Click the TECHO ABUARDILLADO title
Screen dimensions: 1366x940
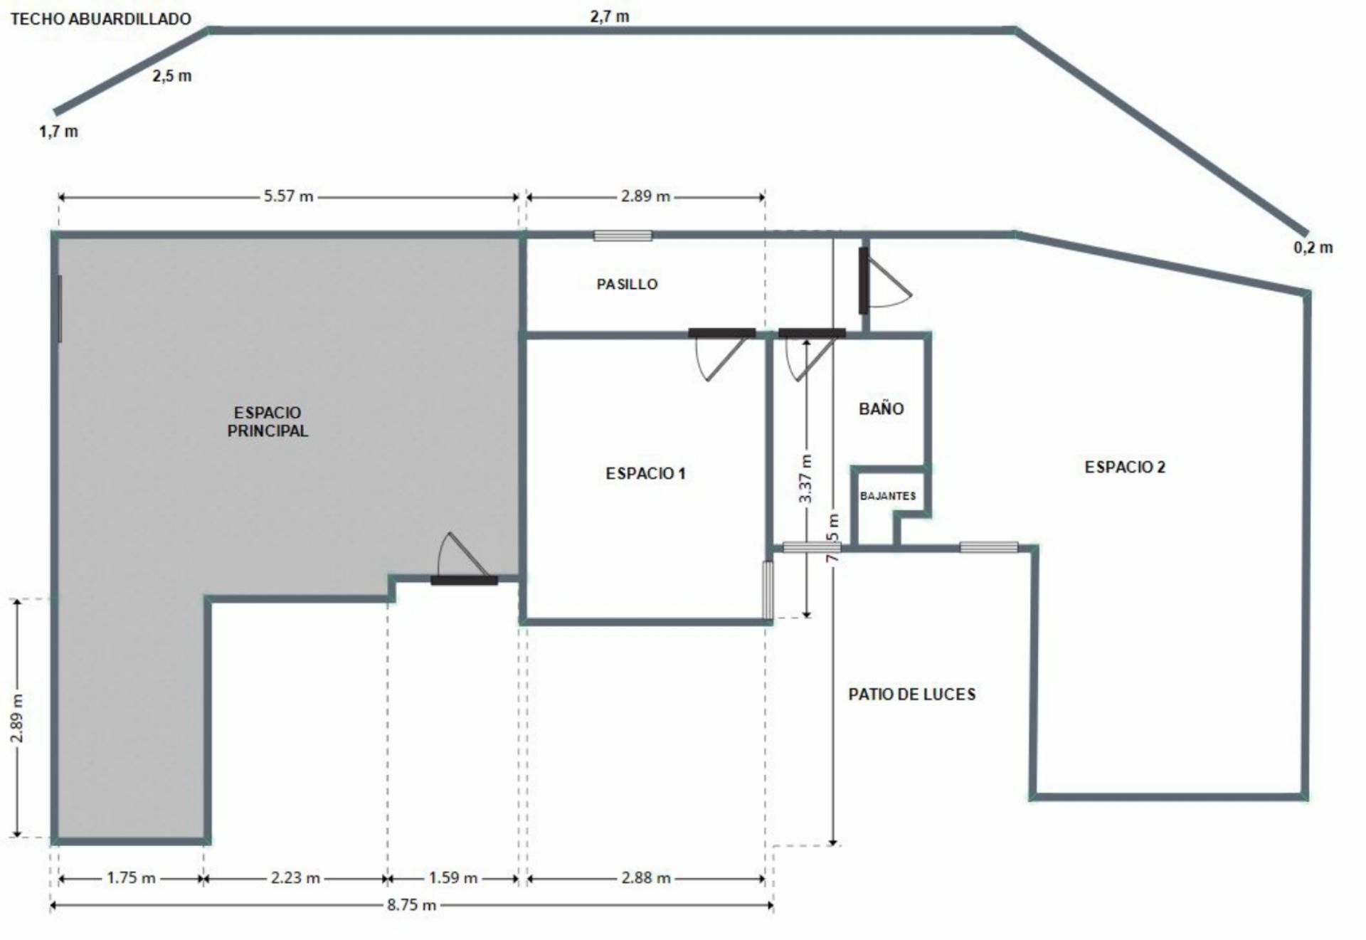(101, 19)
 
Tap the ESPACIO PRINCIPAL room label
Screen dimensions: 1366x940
(268, 421)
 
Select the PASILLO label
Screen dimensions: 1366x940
(627, 284)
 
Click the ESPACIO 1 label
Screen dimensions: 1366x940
(645, 473)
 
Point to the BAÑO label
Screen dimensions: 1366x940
(881, 408)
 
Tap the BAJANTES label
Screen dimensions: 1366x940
(888, 495)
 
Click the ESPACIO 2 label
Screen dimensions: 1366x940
(1125, 467)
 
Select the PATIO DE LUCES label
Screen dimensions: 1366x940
(911, 694)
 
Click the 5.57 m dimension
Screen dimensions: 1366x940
(288, 196)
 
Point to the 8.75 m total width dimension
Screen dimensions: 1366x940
(411, 905)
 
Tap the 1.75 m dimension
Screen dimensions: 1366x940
(131, 877)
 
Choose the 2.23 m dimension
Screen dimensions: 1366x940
(295, 877)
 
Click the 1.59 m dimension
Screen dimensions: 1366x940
(453, 877)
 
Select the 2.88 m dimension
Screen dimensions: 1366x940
(646, 877)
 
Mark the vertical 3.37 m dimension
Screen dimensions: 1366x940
(805, 479)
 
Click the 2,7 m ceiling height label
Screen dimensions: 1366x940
(610, 16)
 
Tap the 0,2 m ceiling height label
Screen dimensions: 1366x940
(1313, 248)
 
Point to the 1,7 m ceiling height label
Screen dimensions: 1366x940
(58, 131)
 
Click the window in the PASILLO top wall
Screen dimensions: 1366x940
(623, 236)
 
